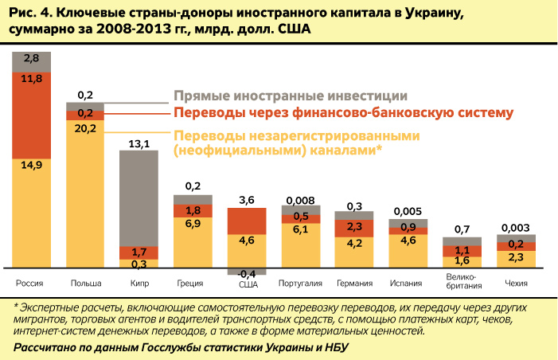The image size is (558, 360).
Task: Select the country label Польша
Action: click(85, 283)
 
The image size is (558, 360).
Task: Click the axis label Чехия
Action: click(517, 283)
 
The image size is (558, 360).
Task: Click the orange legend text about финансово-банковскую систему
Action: click(342, 113)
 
